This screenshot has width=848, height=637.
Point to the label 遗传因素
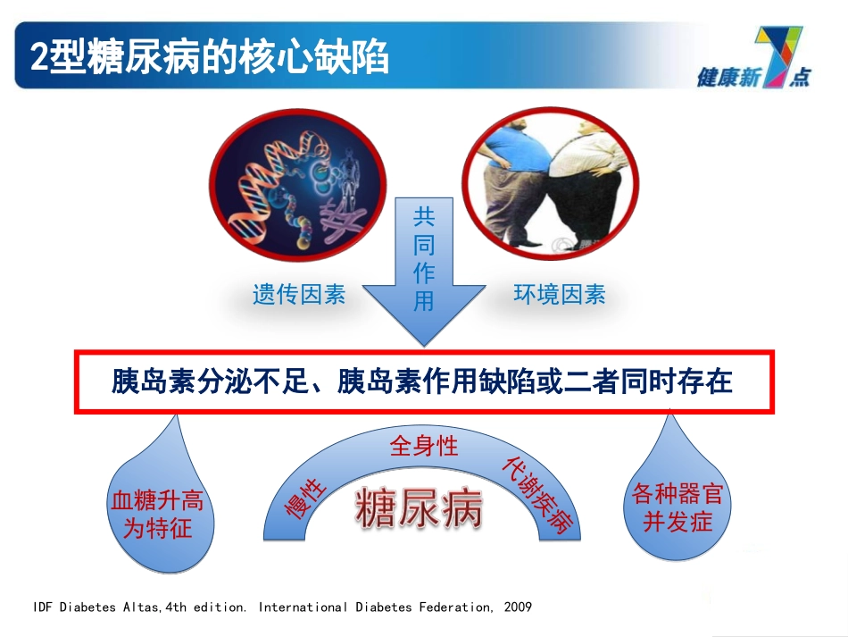(x=298, y=294)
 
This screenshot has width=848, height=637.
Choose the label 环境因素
(x=560, y=294)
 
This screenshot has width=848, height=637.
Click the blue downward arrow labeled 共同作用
(x=424, y=268)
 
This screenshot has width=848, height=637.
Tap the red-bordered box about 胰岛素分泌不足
(x=423, y=382)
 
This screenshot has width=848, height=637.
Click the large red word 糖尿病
(x=419, y=509)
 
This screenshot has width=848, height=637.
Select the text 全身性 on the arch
(x=424, y=446)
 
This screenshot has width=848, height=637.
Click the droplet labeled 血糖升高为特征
(x=157, y=515)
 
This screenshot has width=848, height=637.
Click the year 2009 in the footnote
(x=517, y=608)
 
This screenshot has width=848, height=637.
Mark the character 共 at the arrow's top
(x=424, y=217)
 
